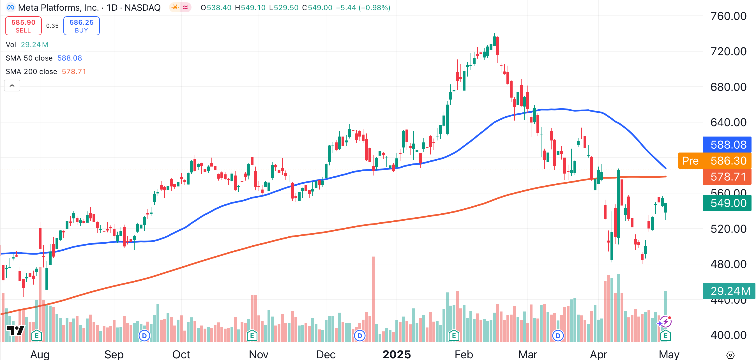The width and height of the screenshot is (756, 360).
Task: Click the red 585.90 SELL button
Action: (x=23, y=26)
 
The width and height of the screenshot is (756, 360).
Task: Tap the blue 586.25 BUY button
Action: (x=81, y=26)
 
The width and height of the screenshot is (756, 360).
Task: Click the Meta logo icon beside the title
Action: (x=11, y=7)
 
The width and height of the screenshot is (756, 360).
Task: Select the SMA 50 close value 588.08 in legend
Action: (x=70, y=58)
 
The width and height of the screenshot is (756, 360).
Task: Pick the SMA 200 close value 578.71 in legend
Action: (x=74, y=71)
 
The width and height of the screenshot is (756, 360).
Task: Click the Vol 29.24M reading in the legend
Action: (x=34, y=45)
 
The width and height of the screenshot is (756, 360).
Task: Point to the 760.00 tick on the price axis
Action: (x=728, y=16)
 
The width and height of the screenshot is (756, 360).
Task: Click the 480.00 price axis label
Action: (x=728, y=264)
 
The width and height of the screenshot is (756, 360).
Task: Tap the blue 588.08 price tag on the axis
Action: (x=728, y=145)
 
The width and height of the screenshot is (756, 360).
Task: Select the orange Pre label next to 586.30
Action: (x=690, y=161)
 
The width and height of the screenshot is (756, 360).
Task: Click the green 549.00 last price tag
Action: (x=728, y=203)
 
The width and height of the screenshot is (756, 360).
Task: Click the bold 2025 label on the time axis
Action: (x=397, y=354)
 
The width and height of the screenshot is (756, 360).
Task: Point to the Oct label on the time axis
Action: (x=181, y=354)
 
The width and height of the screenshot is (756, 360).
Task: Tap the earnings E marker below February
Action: (x=454, y=335)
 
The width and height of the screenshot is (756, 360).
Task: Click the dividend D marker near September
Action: (x=144, y=335)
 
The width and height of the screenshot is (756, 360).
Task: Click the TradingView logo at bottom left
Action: (x=15, y=331)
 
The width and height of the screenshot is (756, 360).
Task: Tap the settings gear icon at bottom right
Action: (x=730, y=355)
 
